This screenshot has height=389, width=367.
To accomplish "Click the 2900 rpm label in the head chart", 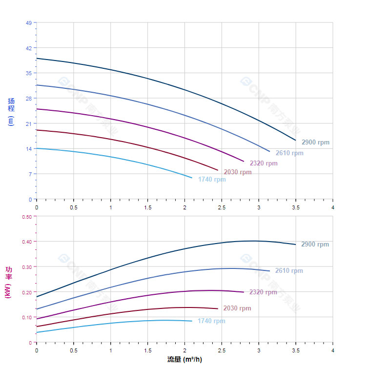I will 315,143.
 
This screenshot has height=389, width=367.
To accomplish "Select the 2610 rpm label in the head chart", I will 289,153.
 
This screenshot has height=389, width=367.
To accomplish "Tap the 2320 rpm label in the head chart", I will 264,164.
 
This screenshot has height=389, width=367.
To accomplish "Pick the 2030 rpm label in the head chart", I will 238,172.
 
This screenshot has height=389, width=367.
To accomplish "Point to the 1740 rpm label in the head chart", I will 212,180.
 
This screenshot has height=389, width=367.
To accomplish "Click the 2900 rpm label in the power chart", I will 315,245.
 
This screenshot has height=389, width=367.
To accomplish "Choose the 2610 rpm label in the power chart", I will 289,271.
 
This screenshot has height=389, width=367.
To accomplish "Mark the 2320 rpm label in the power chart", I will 263,292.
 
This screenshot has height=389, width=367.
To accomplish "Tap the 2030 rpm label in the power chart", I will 237,308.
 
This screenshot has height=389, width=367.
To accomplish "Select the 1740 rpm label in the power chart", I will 211,321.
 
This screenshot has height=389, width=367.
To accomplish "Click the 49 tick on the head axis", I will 28,23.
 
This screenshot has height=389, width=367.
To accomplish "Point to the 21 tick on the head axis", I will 28,123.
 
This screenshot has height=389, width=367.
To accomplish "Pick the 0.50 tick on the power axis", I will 27,216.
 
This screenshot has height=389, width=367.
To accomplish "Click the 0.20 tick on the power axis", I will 27,292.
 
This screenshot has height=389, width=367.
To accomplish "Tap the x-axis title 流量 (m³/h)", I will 184,360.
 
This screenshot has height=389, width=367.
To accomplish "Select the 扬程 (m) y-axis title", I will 11,112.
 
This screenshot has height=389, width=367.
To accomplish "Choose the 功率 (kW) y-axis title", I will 9,282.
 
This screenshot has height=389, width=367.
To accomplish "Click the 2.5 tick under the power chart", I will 222,350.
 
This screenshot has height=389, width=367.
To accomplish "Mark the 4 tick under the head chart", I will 333,207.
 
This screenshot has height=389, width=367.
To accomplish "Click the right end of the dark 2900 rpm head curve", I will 295,140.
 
